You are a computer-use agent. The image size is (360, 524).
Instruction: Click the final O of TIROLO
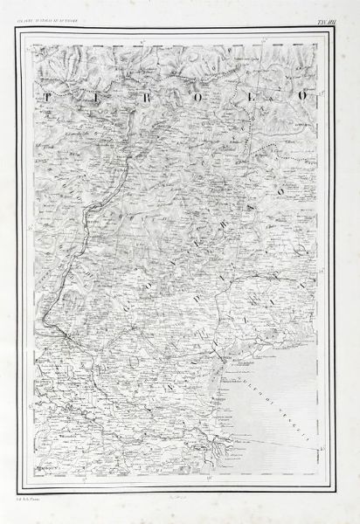pos(301,94)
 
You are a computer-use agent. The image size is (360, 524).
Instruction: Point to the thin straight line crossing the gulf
pos(288,448)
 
